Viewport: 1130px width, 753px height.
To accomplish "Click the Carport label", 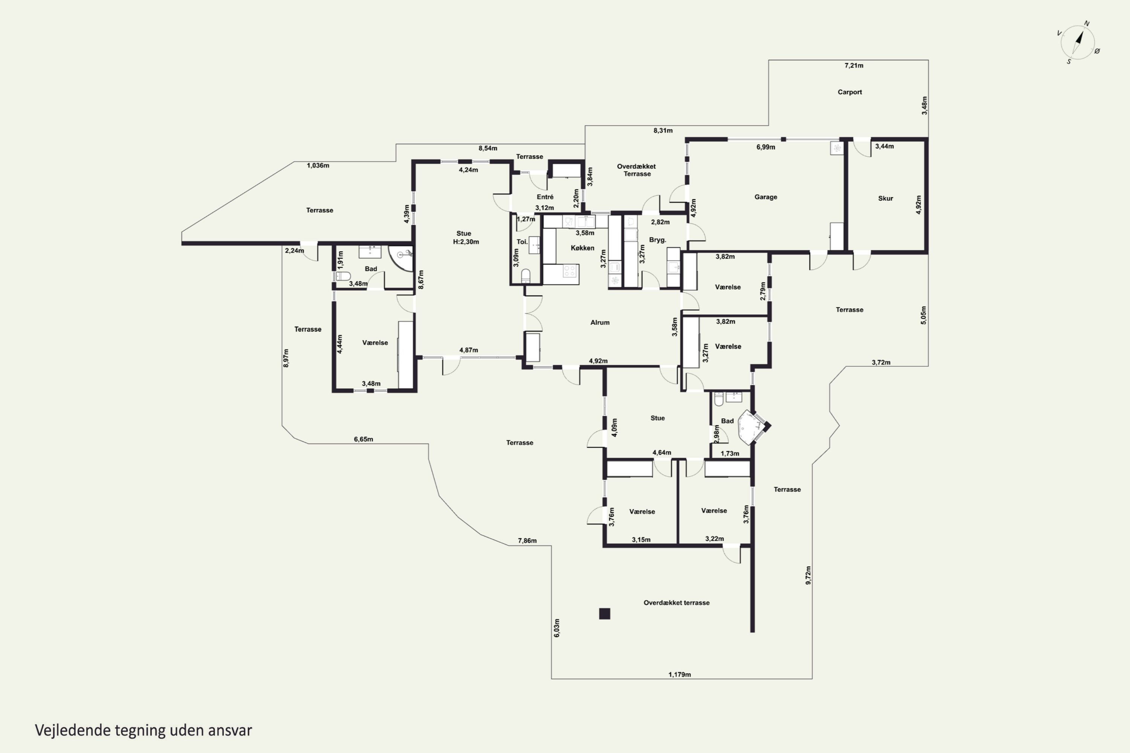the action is coord(849,92).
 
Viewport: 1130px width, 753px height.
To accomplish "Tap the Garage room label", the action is coord(765,197).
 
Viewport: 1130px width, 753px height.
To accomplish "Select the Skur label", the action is coord(886,198).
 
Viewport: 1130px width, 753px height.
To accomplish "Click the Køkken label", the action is coord(582,248).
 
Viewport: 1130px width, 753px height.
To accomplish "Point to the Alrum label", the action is coord(600,322).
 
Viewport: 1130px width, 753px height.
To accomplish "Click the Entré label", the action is coord(545,197).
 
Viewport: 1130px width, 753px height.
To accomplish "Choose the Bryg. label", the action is coord(657,239).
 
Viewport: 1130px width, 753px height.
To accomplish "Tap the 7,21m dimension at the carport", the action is coord(854,65).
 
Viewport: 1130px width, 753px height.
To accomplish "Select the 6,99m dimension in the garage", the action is coord(766,147).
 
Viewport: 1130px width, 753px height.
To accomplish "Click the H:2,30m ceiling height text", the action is coord(466,242).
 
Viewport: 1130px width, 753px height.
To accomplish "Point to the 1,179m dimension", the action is coord(680,674).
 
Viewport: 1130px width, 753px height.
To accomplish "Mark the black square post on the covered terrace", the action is coord(605,613).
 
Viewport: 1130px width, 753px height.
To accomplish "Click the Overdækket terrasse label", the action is coord(676,603).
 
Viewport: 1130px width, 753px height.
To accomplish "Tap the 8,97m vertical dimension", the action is coord(286,358).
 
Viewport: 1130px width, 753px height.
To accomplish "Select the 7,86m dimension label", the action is coord(527,541).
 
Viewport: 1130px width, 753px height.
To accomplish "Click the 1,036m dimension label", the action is coord(318,166).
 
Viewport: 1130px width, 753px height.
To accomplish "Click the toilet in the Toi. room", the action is coord(525,276).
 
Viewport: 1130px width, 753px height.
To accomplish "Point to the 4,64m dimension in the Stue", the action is coord(661,453).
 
